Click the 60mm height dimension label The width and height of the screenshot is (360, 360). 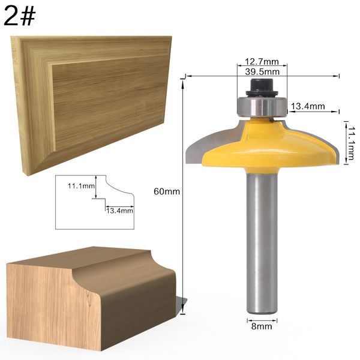click(167, 191)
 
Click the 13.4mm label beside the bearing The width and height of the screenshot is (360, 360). click(307, 107)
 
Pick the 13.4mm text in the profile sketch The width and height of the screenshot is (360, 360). click(119, 211)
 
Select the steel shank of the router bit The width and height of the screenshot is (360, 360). click(261, 240)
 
